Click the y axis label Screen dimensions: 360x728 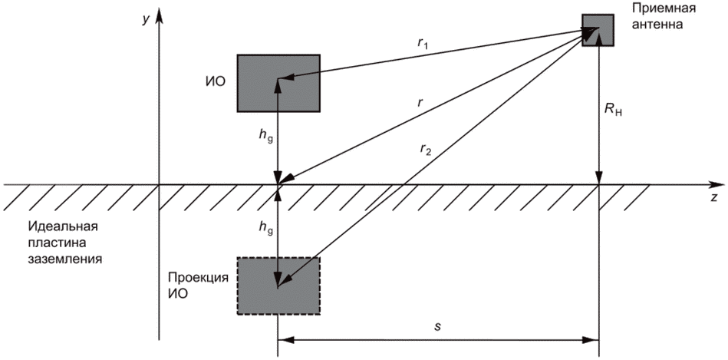[x=144, y=20]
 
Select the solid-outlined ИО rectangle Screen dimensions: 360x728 [x=278, y=82]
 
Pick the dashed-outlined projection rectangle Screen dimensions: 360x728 [x=278, y=285]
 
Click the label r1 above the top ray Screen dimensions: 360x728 [x=422, y=45]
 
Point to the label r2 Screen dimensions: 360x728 [x=426, y=150]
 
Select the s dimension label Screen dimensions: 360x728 [x=436, y=326]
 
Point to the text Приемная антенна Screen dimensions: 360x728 [x=654, y=15]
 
